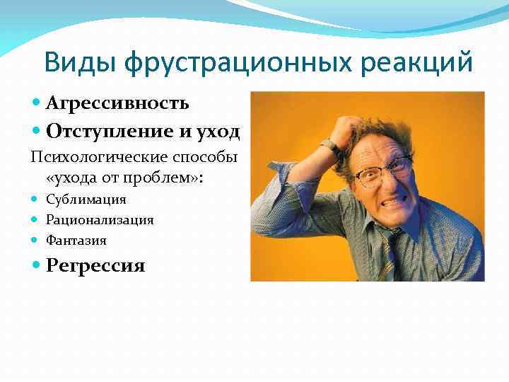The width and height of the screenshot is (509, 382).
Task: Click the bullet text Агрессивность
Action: [117, 103]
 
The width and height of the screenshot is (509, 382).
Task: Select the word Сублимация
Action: [86, 199]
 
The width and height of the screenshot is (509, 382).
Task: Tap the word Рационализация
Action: [100, 219]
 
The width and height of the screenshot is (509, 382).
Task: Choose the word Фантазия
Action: [76, 240]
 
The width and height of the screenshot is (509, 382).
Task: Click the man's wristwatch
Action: [331, 146]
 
